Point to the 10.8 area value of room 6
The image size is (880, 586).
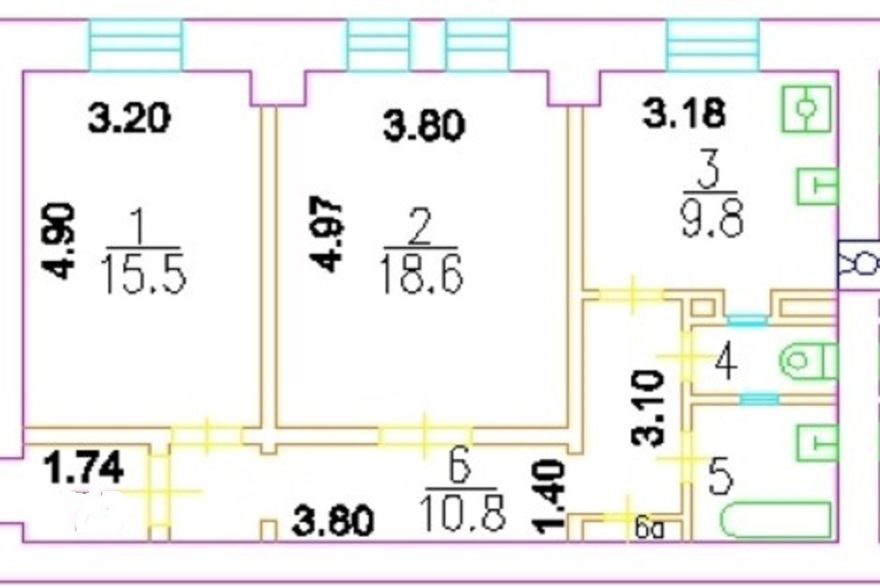tap(465, 512)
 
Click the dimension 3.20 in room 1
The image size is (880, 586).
tap(129, 118)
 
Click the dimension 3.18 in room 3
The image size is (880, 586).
tap(683, 114)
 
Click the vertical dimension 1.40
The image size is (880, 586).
tap(550, 498)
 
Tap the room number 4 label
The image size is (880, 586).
tap(725, 362)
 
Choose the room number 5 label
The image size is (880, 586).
tap(720, 478)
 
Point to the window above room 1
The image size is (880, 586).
tap(136, 44)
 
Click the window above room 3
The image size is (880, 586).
tap(713, 44)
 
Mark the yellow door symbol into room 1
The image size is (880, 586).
tap(205, 434)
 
